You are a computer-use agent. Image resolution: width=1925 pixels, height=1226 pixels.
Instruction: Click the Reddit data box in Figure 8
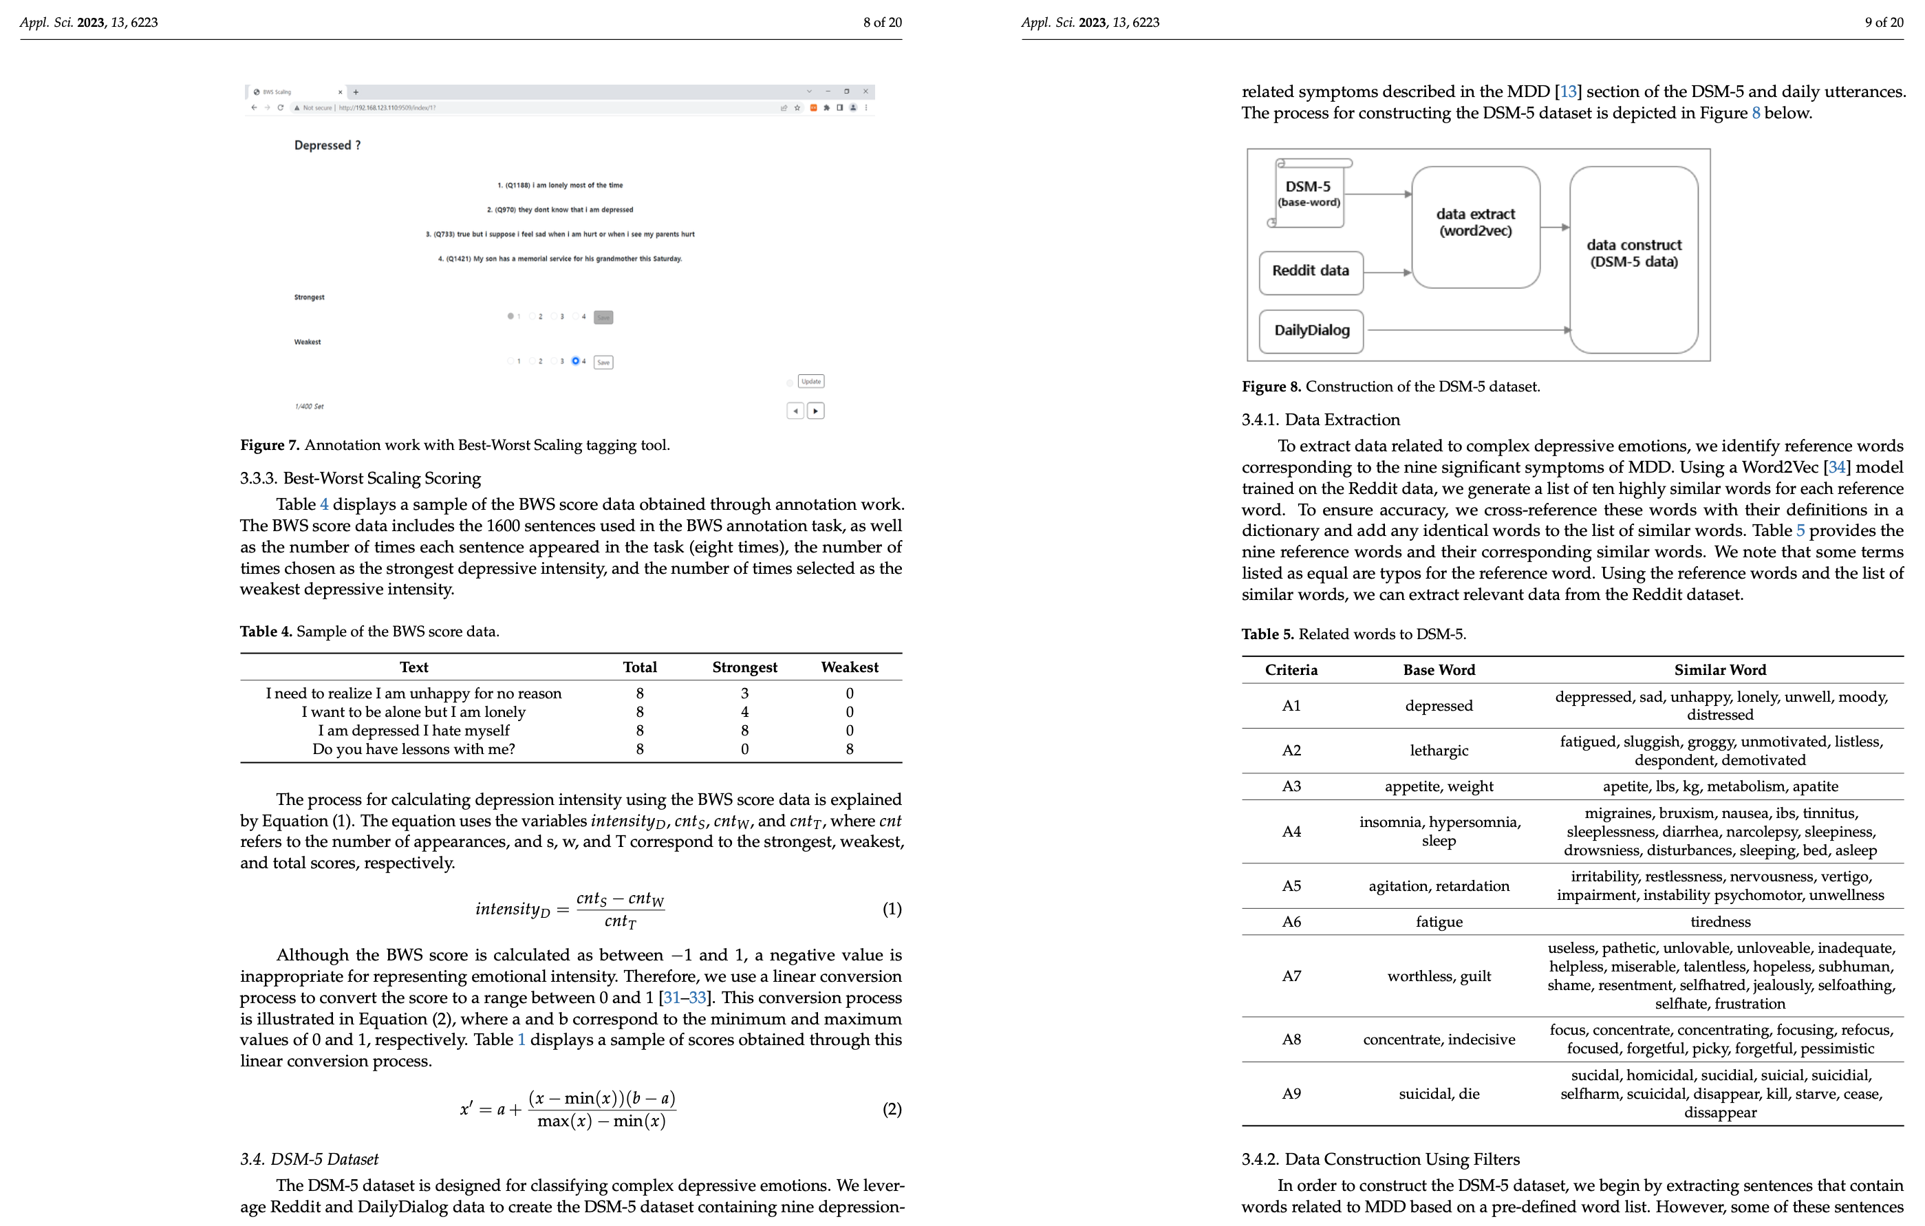1310,272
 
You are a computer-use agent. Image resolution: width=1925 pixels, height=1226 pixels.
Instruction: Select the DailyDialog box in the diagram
1311,330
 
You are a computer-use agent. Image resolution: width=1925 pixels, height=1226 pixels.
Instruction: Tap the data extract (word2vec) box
1475,224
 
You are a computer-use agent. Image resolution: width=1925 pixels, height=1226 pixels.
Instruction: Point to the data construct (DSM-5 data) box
1633,254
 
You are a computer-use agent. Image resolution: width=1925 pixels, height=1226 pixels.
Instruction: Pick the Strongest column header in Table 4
744,667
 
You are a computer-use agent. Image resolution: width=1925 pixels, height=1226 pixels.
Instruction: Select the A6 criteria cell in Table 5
1291,921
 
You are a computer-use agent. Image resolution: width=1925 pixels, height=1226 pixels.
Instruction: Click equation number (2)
892,1109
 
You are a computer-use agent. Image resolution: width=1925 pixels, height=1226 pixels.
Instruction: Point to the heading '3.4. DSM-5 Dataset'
310,1159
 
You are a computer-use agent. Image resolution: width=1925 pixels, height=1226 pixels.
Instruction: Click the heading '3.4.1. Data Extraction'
1321,420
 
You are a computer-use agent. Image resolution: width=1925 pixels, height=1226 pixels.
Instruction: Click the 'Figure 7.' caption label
270,445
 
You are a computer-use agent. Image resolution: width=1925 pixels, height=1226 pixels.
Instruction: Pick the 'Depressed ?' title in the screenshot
327,145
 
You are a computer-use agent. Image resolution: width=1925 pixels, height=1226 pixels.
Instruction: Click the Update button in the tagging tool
810,381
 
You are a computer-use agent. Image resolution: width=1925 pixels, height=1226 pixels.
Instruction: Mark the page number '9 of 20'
1884,23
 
